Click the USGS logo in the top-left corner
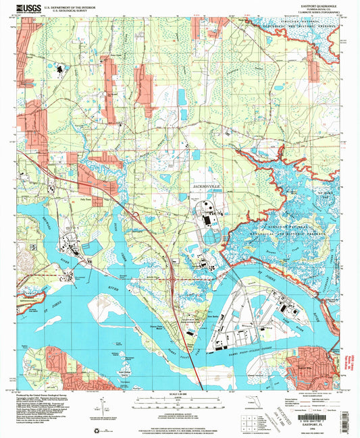26,8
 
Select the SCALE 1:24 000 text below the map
178,393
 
